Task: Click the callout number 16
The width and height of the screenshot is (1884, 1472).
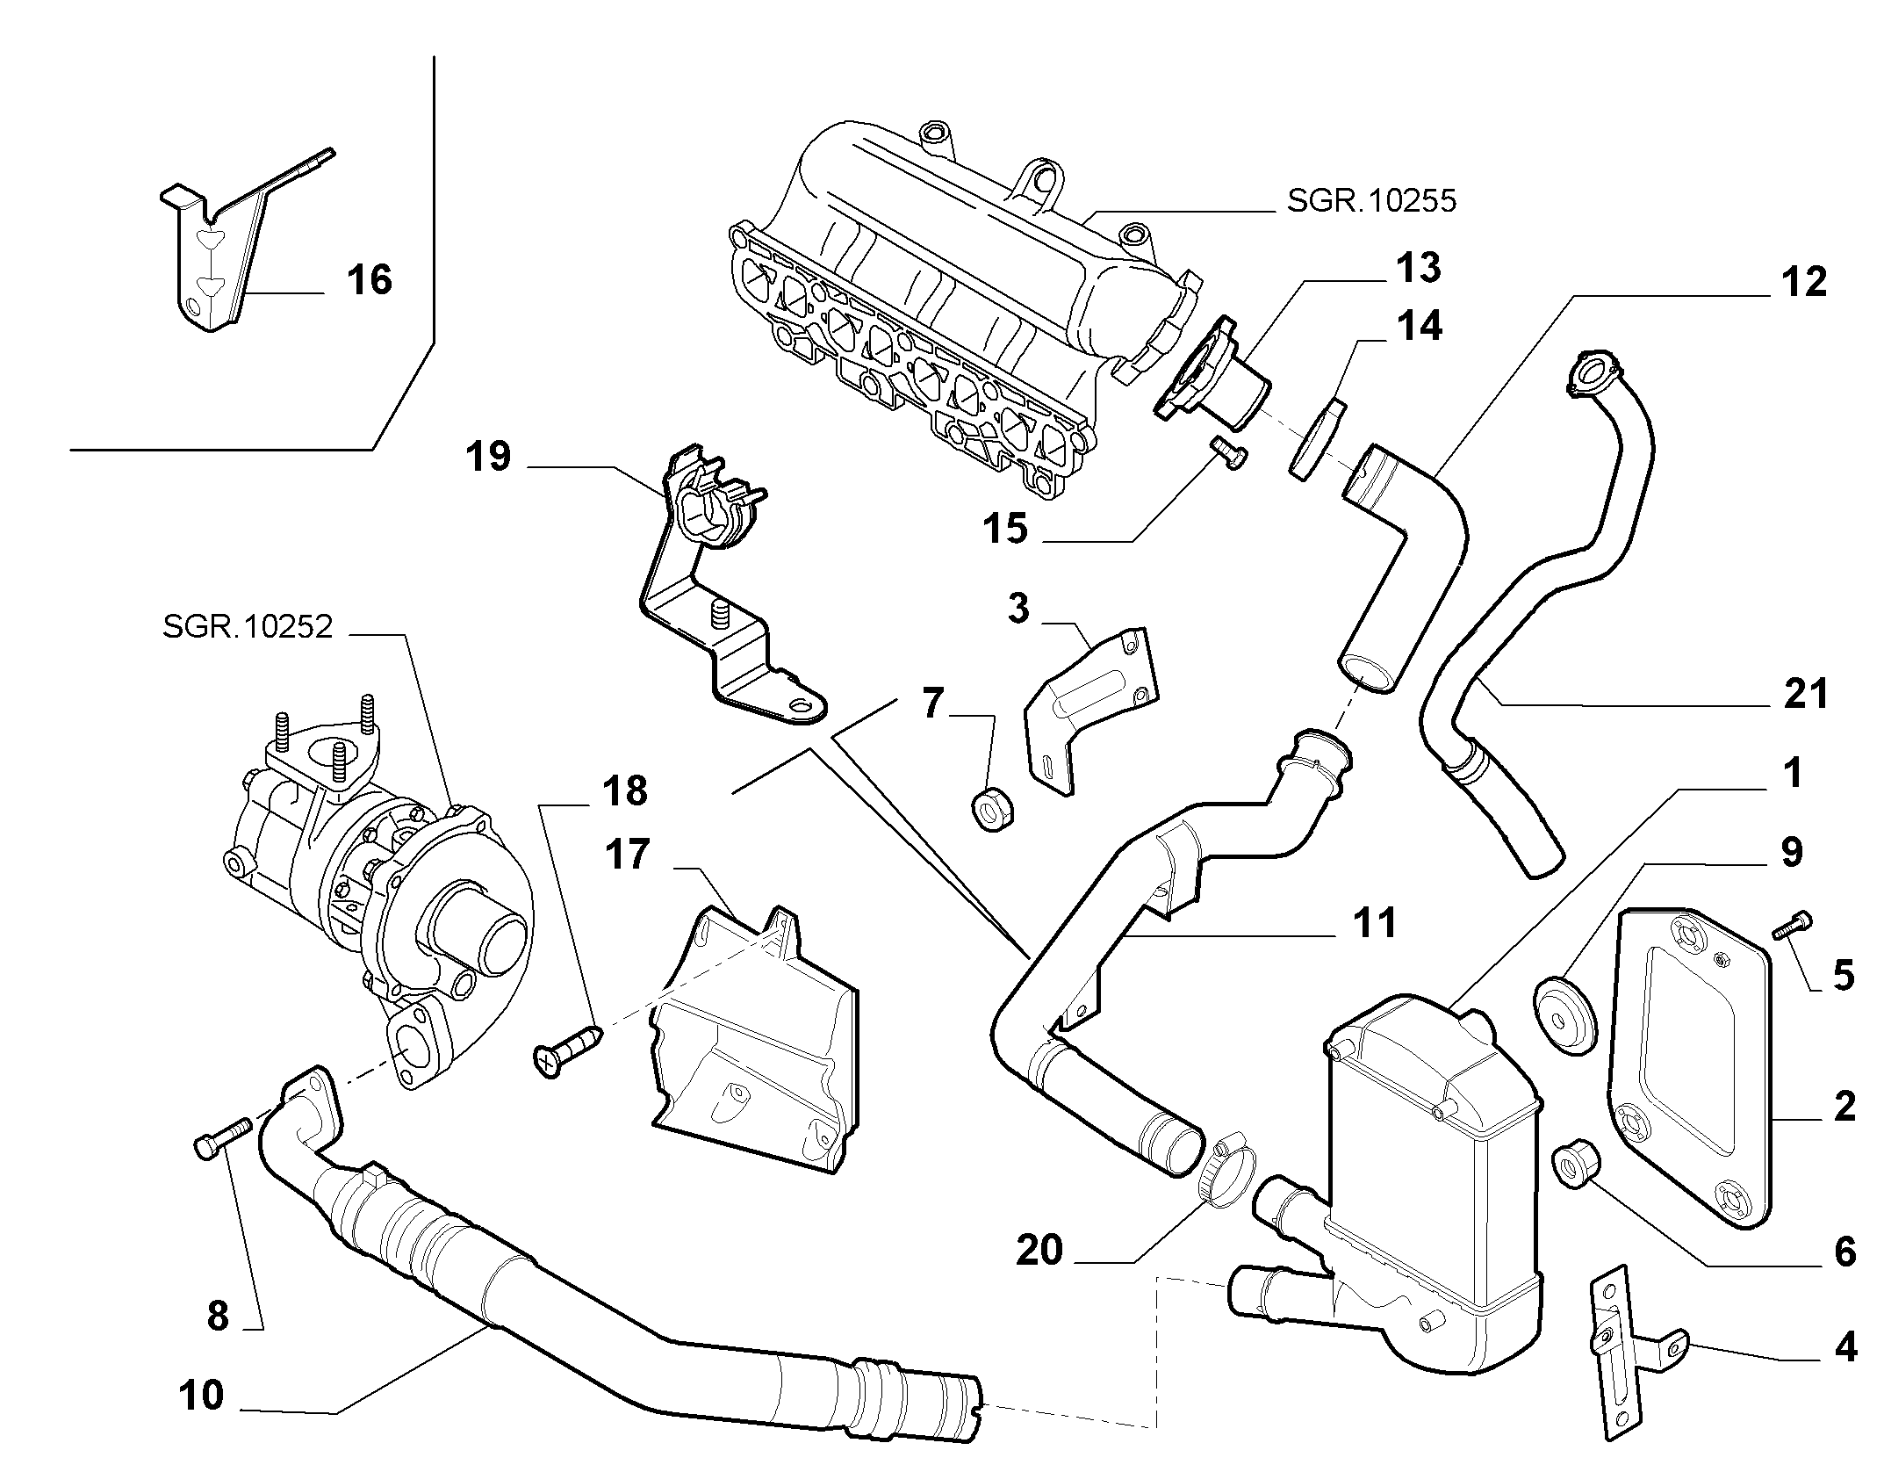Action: [x=369, y=280]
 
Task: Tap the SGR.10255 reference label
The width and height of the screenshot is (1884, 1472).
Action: [x=1371, y=201]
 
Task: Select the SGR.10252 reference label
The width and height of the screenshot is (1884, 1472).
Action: [x=248, y=627]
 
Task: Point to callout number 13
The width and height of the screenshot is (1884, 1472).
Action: [x=1418, y=268]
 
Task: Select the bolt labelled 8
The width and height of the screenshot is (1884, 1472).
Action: [x=222, y=1136]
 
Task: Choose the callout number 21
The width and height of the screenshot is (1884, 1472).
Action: [x=1806, y=693]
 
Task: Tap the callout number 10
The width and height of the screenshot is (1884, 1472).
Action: [x=201, y=1396]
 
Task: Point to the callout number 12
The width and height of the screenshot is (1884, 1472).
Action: [x=1804, y=281]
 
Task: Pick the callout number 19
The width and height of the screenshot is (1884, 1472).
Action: [x=488, y=457]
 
